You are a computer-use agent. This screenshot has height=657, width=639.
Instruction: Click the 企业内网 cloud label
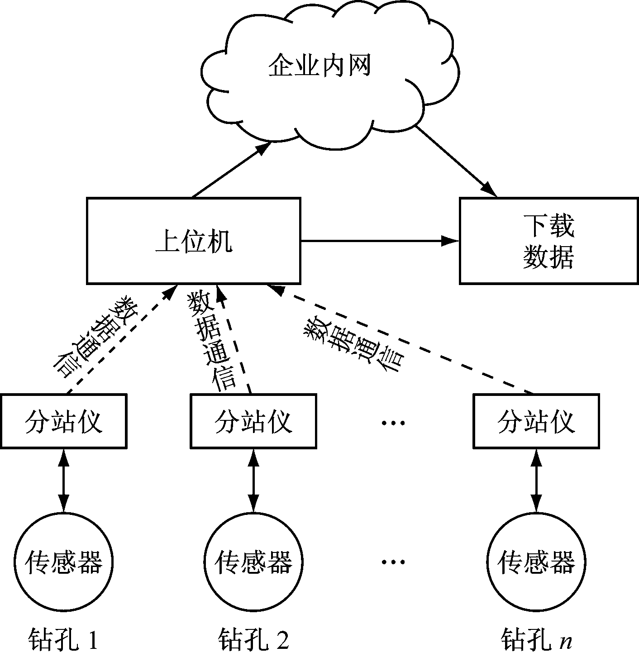click(319, 66)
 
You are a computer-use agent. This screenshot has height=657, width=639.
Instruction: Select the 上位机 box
click(194, 241)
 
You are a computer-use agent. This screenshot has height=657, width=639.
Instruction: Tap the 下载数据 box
click(548, 241)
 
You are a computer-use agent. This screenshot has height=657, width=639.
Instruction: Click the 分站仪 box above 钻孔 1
click(63, 421)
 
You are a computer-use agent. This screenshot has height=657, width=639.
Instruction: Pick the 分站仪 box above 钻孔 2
click(253, 421)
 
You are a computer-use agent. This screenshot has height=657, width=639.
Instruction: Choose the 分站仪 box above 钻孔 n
click(536, 421)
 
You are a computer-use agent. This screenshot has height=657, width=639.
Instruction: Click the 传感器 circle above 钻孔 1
click(63, 562)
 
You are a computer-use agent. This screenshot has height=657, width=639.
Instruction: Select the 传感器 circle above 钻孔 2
click(253, 562)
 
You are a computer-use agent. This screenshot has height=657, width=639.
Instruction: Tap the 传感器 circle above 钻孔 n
click(536, 562)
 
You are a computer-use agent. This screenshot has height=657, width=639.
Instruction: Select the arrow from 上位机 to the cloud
click(231, 170)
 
